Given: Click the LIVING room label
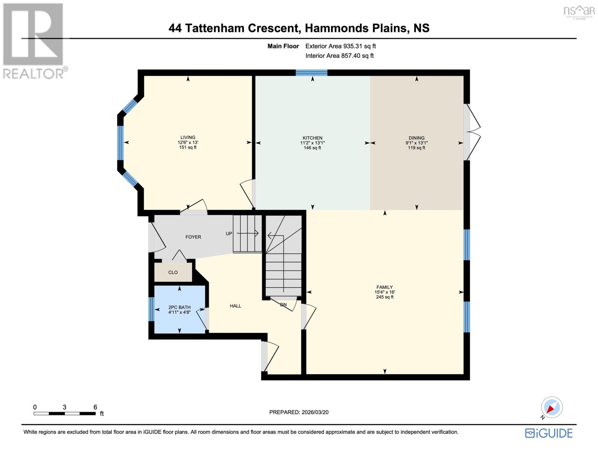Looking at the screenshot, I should [188, 137].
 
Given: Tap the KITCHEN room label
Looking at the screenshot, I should [312, 138].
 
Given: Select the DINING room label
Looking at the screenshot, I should [416, 138].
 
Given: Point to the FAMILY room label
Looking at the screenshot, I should [384, 287].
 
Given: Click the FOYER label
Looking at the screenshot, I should [193, 237].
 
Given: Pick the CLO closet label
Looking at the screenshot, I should [173, 273].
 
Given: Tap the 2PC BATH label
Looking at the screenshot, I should [179, 307].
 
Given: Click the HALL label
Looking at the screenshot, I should [235, 306].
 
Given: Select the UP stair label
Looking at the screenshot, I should [229, 234].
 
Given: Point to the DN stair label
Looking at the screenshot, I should [283, 305].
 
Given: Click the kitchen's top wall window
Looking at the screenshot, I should [312, 73].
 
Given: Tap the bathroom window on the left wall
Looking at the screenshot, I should [152, 309].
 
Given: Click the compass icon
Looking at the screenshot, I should [551, 407].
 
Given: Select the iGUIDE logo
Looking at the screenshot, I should [549, 433].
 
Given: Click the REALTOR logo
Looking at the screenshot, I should [34, 40].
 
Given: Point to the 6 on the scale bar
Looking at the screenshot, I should [95, 407].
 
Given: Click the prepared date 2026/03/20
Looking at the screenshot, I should [314, 412].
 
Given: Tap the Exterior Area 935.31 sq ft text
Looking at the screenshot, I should [340, 46].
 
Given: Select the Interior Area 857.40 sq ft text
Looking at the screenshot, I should [339, 56].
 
